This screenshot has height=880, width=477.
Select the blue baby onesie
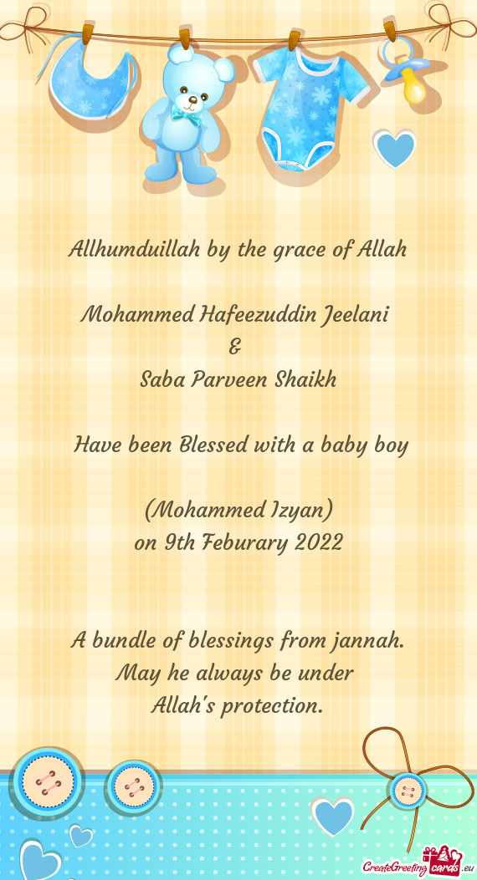[306, 104]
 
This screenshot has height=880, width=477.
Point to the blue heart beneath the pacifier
[394, 149]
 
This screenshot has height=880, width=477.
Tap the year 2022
[319, 542]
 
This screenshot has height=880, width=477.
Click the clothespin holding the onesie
[295, 39]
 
